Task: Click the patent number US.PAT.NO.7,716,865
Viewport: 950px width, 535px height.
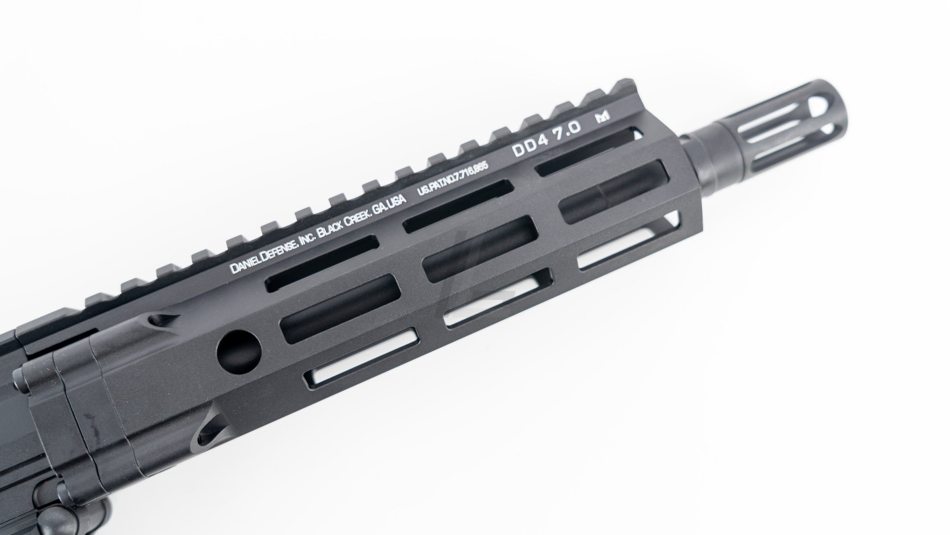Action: tap(457, 181)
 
